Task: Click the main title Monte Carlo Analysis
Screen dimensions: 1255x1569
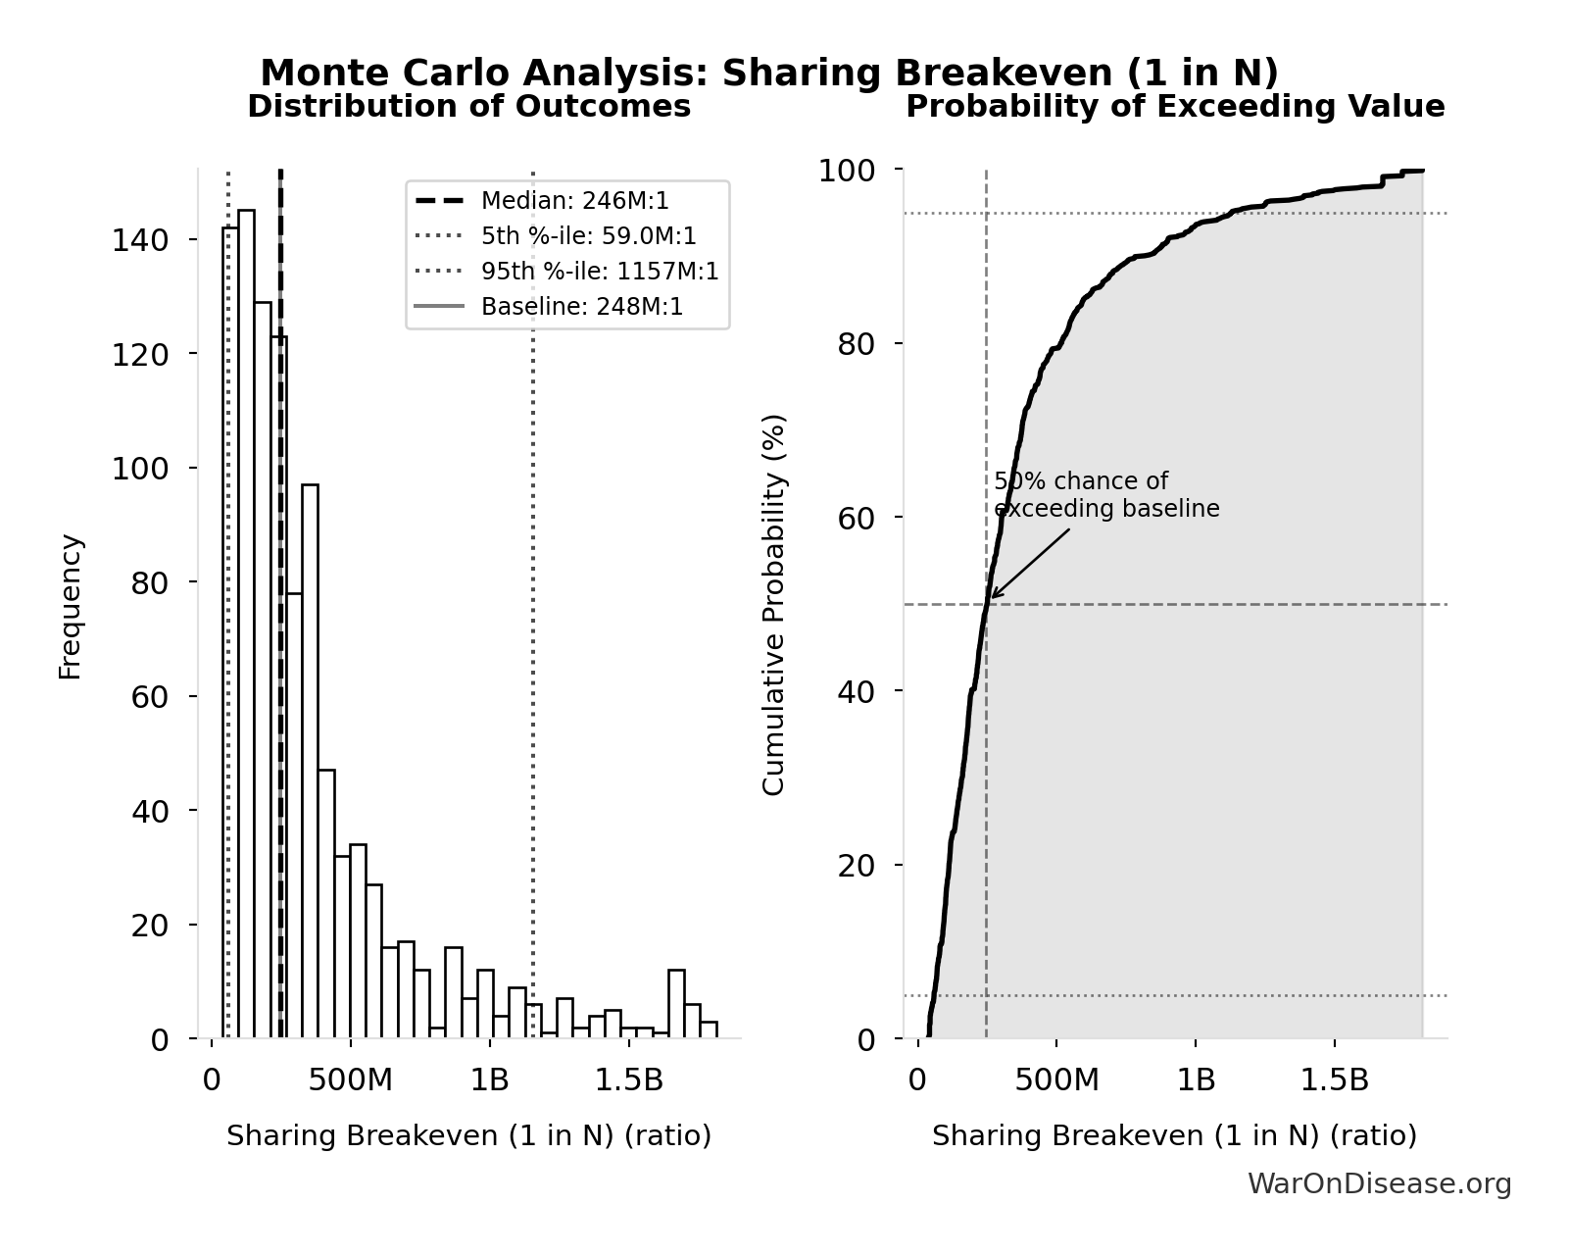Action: [x=769, y=74]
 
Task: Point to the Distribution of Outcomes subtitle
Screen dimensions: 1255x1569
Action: [x=468, y=107]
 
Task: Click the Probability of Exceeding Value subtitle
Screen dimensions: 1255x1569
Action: [x=1174, y=107]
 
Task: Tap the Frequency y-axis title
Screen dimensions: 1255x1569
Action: [x=71, y=606]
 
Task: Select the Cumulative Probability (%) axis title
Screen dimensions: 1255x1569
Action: [x=774, y=604]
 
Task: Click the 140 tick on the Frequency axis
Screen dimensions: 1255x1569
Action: [x=139, y=240]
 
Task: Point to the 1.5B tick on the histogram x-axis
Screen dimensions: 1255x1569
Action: [x=629, y=1080]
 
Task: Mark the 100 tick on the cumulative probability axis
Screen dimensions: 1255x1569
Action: [x=847, y=171]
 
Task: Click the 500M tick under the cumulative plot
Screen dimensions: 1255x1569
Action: [x=1056, y=1080]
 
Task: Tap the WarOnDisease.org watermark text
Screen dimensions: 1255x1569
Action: [x=1379, y=1184]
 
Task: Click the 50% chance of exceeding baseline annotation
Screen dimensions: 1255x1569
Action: [x=1105, y=495]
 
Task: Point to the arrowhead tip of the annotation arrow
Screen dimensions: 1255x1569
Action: [x=991, y=598]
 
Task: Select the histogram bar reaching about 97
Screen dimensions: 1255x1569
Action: [x=310, y=761]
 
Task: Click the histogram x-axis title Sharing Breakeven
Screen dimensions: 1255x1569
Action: [x=468, y=1136]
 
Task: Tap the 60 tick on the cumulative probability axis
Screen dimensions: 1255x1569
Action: [x=856, y=518]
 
